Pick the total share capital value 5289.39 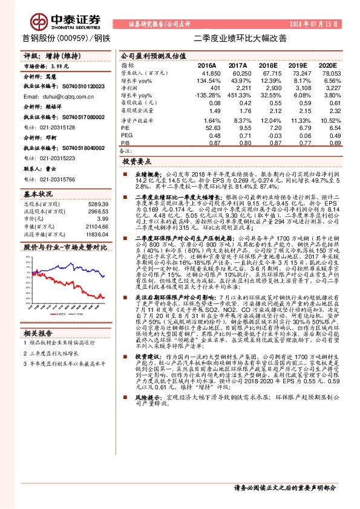[98, 205]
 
